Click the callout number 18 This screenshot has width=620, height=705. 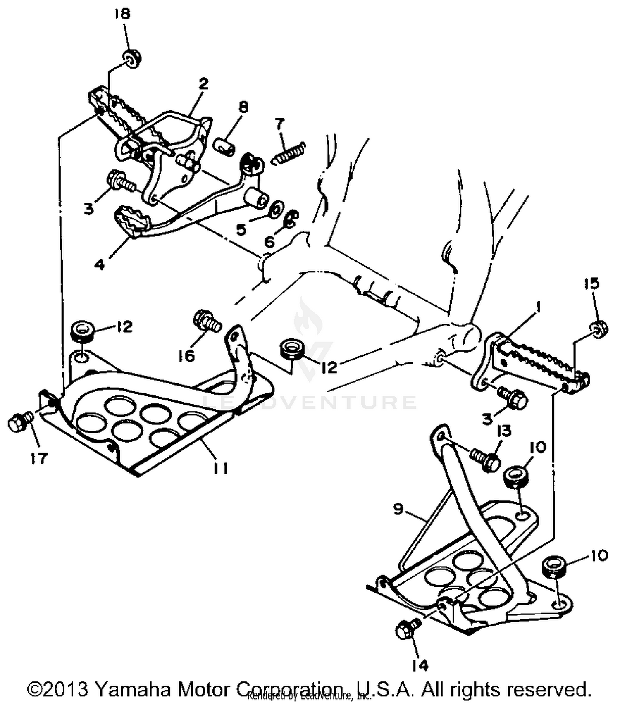point(122,14)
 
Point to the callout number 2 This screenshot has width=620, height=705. point(203,84)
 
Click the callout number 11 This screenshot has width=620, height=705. point(220,468)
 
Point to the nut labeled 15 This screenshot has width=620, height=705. point(598,327)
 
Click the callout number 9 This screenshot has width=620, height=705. point(398,510)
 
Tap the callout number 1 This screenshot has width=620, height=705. point(538,307)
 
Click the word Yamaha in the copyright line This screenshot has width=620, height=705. point(133,689)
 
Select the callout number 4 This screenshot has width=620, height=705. point(99,264)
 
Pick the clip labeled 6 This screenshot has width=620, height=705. point(291,219)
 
